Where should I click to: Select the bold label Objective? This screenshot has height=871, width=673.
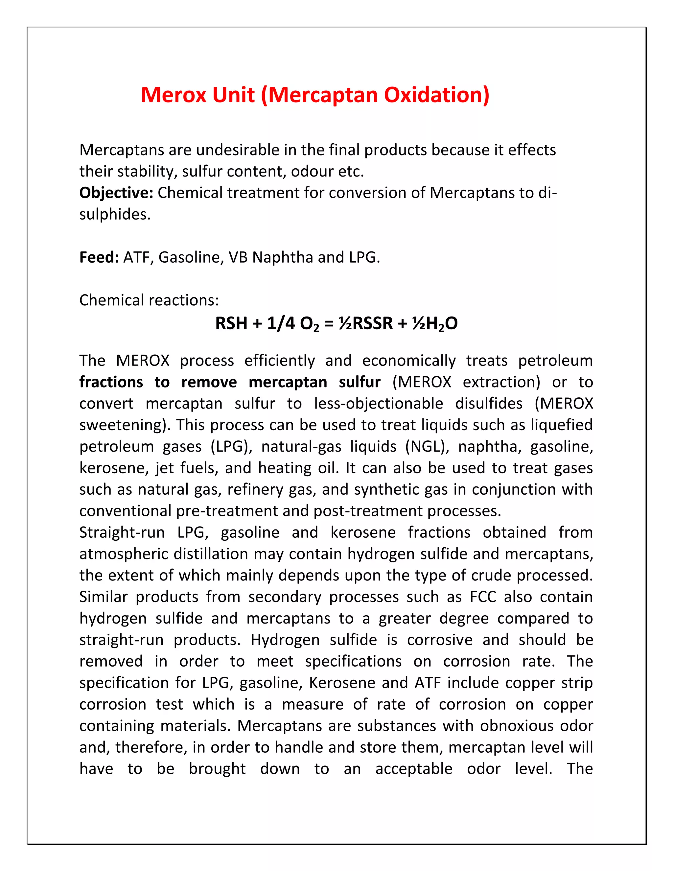[x=116, y=193]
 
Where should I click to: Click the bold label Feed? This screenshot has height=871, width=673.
[x=99, y=257]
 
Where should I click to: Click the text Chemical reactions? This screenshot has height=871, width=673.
[x=149, y=300]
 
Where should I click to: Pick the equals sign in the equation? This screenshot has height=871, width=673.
[x=329, y=323]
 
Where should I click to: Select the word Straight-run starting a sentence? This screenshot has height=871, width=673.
[x=122, y=532]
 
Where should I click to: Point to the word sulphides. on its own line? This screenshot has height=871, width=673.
[x=115, y=215]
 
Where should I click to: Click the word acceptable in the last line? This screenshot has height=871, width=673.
[x=413, y=769]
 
